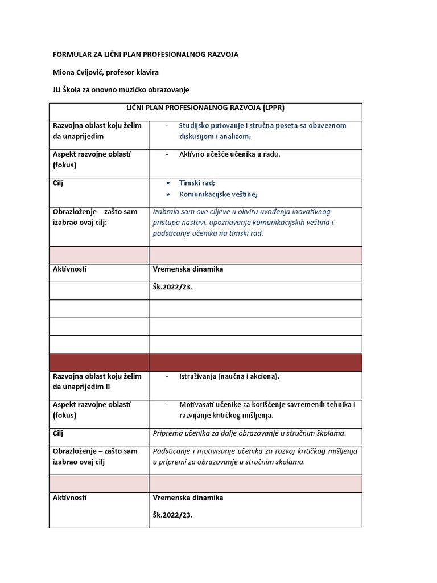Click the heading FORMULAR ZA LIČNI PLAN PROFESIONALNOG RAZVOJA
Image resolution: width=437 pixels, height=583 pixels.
tap(146, 55)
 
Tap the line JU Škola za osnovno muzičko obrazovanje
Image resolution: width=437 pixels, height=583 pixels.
tap(121, 89)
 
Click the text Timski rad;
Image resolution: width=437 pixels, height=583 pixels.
tap(197, 183)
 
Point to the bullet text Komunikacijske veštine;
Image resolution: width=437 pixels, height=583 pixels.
tap(218, 194)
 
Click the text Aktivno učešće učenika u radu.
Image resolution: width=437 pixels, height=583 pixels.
tap(230, 154)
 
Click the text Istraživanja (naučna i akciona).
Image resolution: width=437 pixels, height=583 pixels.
tap(229, 376)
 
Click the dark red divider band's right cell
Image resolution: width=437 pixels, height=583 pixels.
tap(255, 362)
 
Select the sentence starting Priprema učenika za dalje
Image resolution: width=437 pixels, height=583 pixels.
tap(249, 433)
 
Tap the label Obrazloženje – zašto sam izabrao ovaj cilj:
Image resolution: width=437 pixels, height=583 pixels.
tap(95, 217)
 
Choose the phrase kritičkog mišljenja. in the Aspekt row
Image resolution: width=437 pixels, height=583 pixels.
tap(241, 415)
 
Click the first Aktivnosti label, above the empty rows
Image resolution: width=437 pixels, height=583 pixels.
tap(73, 269)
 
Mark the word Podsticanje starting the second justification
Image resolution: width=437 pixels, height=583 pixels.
tap(174, 451)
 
